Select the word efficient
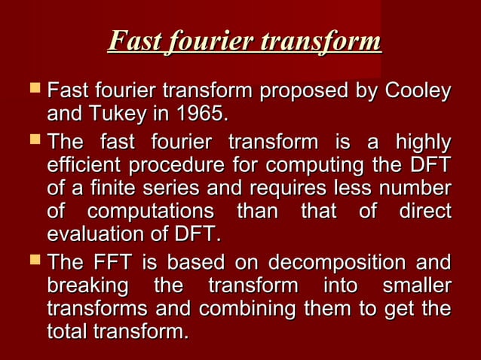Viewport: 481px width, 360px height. pos(84,165)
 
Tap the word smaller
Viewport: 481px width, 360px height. pos(417,286)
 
